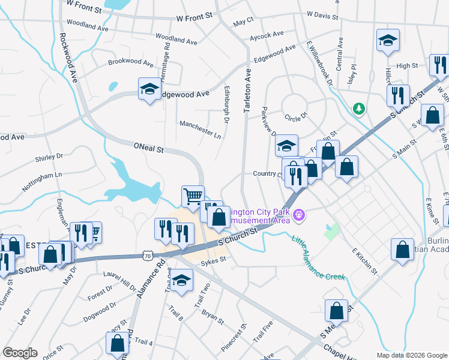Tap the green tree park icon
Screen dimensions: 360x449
(358, 109)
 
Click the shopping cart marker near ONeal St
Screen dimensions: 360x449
(192, 196)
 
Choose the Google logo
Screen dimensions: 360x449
(20, 353)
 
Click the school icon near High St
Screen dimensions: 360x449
(388, 40)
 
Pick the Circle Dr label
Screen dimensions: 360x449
(296, 115)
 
